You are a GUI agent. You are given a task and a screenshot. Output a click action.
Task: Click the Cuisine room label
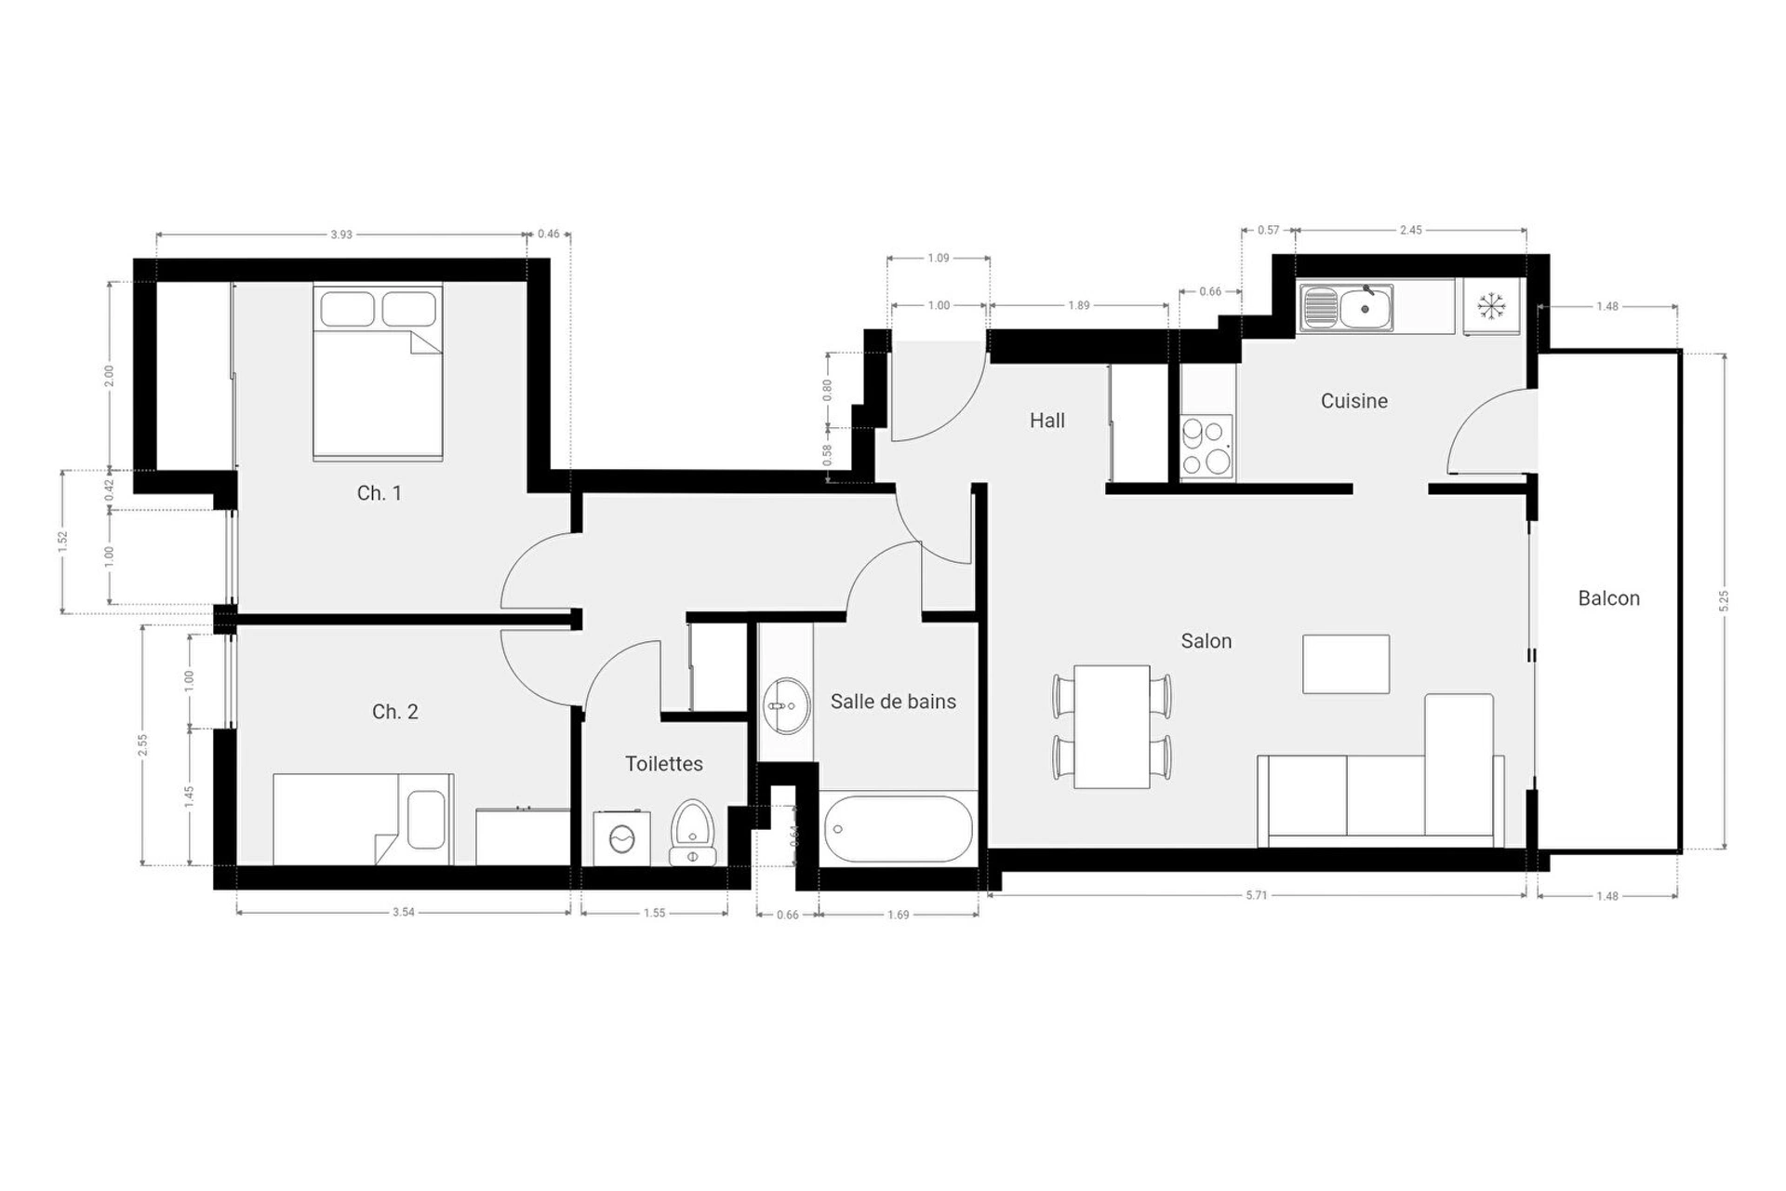(1353, 401)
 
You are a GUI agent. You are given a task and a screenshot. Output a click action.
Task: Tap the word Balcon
(1608, 598)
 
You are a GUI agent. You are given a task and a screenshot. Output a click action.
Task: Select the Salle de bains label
(893, 702)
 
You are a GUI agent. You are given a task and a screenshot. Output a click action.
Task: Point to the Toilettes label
(663, 764)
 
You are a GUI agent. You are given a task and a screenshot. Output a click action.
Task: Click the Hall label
(1046, 421)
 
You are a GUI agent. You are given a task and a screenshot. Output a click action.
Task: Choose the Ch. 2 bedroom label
(394, 712)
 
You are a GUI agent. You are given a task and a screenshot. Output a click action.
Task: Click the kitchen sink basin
(1366, 308)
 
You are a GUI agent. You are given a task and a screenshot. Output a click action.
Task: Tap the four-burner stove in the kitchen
(1206, 447)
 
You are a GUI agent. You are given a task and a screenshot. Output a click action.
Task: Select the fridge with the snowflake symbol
(1491, 306)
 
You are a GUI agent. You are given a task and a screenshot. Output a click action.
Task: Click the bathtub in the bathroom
(898, 828)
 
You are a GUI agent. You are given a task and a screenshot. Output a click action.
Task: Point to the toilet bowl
(692, 832)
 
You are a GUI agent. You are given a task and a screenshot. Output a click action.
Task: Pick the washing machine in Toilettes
(621, 838)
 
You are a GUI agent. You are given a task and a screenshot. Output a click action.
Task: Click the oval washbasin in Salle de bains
(787, 705)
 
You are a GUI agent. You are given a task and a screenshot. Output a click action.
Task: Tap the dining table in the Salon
(1112, 727)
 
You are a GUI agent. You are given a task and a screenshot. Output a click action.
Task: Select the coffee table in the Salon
(1346, 664)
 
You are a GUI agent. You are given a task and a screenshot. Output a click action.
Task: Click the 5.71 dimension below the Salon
(1256, 895)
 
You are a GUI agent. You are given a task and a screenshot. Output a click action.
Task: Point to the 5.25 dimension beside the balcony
(1724, 601)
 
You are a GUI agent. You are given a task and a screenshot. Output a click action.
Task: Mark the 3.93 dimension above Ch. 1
(341, 234)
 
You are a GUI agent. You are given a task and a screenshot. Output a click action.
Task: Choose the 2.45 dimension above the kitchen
(1410, 230)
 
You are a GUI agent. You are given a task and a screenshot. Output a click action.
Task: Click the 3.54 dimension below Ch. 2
(403, 912)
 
